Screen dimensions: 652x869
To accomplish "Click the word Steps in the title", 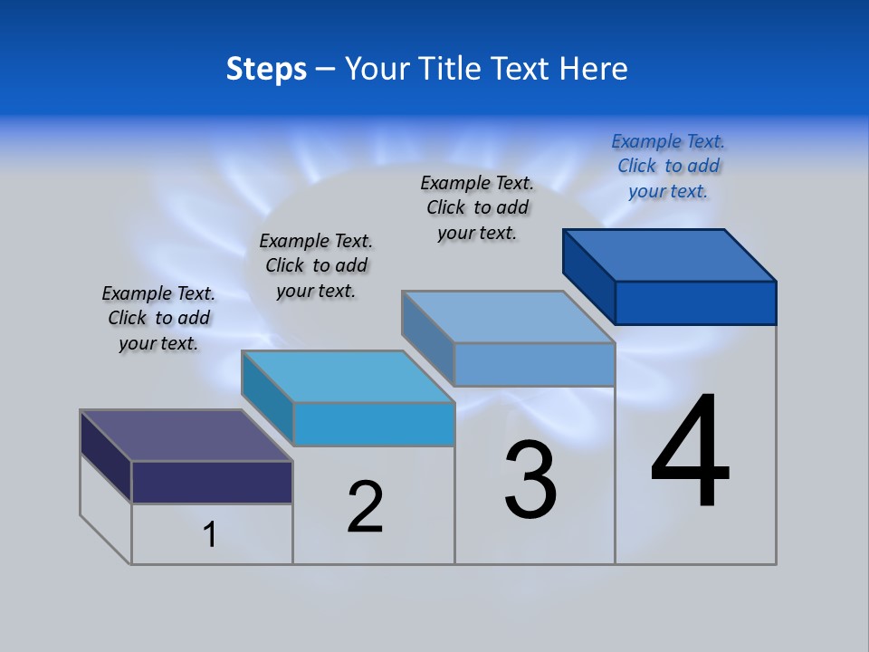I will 266,69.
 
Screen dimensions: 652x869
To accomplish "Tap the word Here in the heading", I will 594,69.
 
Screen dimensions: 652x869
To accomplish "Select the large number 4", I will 690,452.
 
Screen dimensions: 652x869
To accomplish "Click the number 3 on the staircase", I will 530,480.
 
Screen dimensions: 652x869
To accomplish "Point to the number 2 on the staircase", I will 366,507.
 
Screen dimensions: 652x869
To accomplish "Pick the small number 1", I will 210,535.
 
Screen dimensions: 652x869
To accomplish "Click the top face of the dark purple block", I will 186,436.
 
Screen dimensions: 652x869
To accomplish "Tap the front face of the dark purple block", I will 212,482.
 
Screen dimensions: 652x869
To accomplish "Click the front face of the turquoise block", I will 374,424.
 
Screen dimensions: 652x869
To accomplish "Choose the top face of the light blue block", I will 509,317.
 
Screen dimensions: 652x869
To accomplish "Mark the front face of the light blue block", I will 534,364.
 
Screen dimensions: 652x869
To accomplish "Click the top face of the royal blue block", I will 670,255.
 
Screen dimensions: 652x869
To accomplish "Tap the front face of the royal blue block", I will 695,302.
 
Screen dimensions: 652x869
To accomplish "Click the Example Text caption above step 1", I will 158,318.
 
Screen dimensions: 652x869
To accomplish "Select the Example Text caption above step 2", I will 316,265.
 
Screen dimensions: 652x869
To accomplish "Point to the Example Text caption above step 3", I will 477,207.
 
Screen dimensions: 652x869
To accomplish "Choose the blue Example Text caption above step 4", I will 668,166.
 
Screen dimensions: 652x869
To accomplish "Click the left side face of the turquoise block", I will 268,398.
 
